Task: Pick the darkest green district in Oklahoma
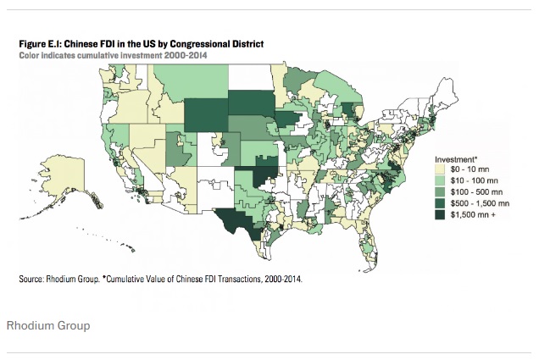click(x=264, y=181)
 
